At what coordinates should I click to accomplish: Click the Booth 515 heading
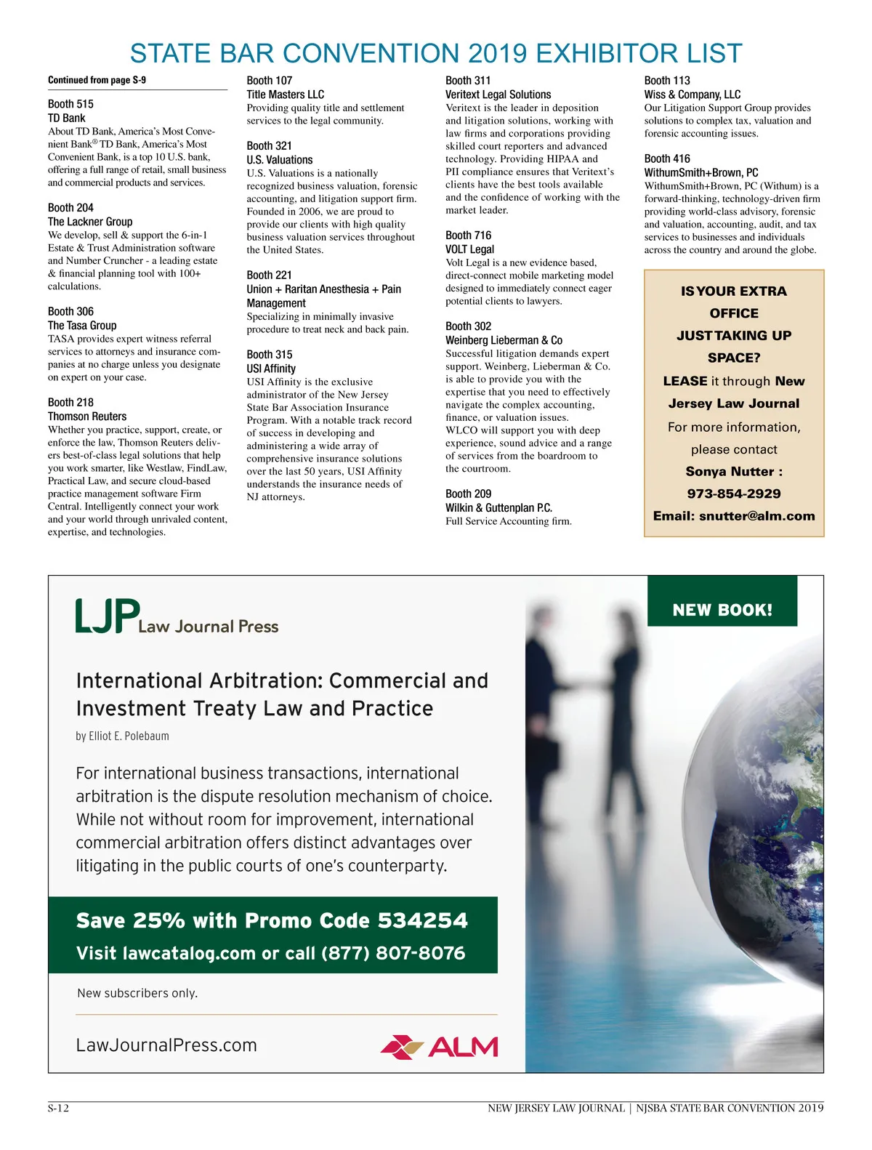point(70,104)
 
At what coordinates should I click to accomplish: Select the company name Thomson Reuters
point(87,417)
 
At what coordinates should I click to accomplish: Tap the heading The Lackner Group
point(90,222)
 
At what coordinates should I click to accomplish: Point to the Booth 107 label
point(269,81)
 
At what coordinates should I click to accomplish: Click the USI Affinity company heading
point(271,369)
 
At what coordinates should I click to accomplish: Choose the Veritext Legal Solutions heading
point(498,95)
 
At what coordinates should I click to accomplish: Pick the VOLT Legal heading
point(469,249)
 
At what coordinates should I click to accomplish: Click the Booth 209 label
point(468,494)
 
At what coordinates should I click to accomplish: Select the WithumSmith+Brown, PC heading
point(701,173)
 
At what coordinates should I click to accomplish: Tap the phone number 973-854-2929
point(734,494)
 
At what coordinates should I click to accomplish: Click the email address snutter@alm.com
point(756,516)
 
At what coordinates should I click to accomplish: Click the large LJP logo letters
point(108,616)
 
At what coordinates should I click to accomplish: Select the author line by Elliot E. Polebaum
point(122,736)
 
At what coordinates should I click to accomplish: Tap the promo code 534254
point(423,921)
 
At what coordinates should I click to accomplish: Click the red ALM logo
point(439,1047)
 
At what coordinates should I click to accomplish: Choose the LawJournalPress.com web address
point(166,1045)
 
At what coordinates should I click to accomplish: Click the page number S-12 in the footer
point(58,1109)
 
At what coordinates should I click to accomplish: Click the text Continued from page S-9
point(97,80)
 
